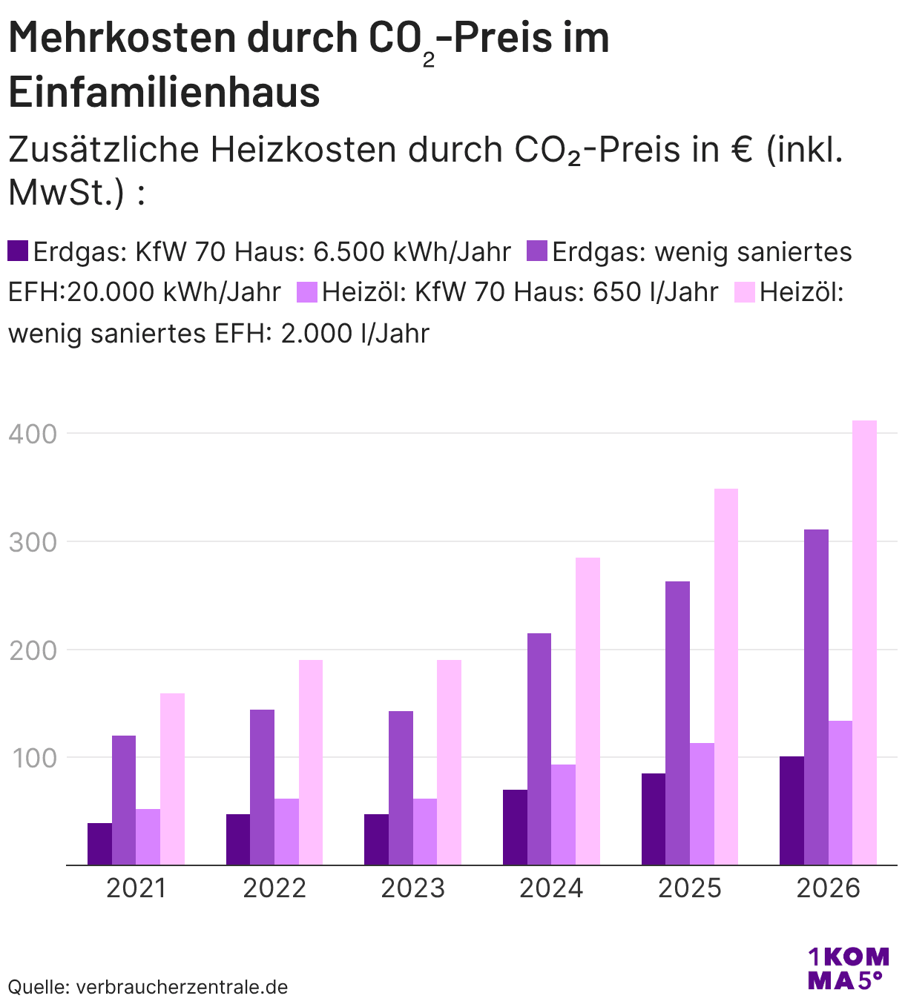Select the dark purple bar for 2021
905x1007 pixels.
(99, 844)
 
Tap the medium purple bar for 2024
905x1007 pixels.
(539, 749)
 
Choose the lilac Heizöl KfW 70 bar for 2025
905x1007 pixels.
(702, 804)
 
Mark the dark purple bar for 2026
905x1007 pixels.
(792, 810)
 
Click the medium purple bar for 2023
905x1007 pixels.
(401, 788)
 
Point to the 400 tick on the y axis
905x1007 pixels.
(33, 434)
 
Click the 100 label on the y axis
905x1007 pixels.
(33, 758)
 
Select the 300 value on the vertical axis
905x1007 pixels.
(33, 542)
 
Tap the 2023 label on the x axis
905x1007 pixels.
(412, 888)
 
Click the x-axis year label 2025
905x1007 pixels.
(689, 888)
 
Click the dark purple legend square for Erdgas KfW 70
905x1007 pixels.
(18, 251)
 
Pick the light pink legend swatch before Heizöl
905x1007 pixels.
(744, 292)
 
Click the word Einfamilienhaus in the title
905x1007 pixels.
(164, 92)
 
